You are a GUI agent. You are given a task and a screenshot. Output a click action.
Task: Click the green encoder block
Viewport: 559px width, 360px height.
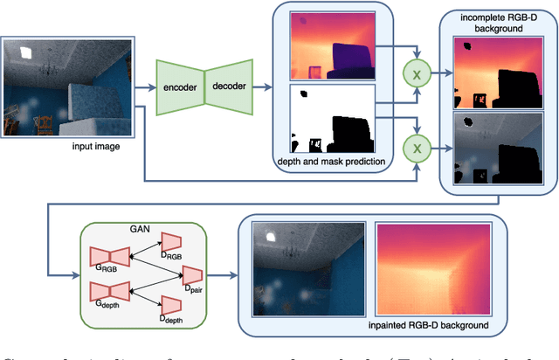(178, 88)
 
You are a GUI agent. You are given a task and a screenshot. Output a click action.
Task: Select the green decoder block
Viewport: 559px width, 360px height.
(229, 88)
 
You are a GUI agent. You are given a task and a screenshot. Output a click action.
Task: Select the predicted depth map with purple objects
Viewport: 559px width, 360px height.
(332, 45)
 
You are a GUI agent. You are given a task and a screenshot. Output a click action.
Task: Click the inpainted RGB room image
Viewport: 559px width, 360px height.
(307, 267)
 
